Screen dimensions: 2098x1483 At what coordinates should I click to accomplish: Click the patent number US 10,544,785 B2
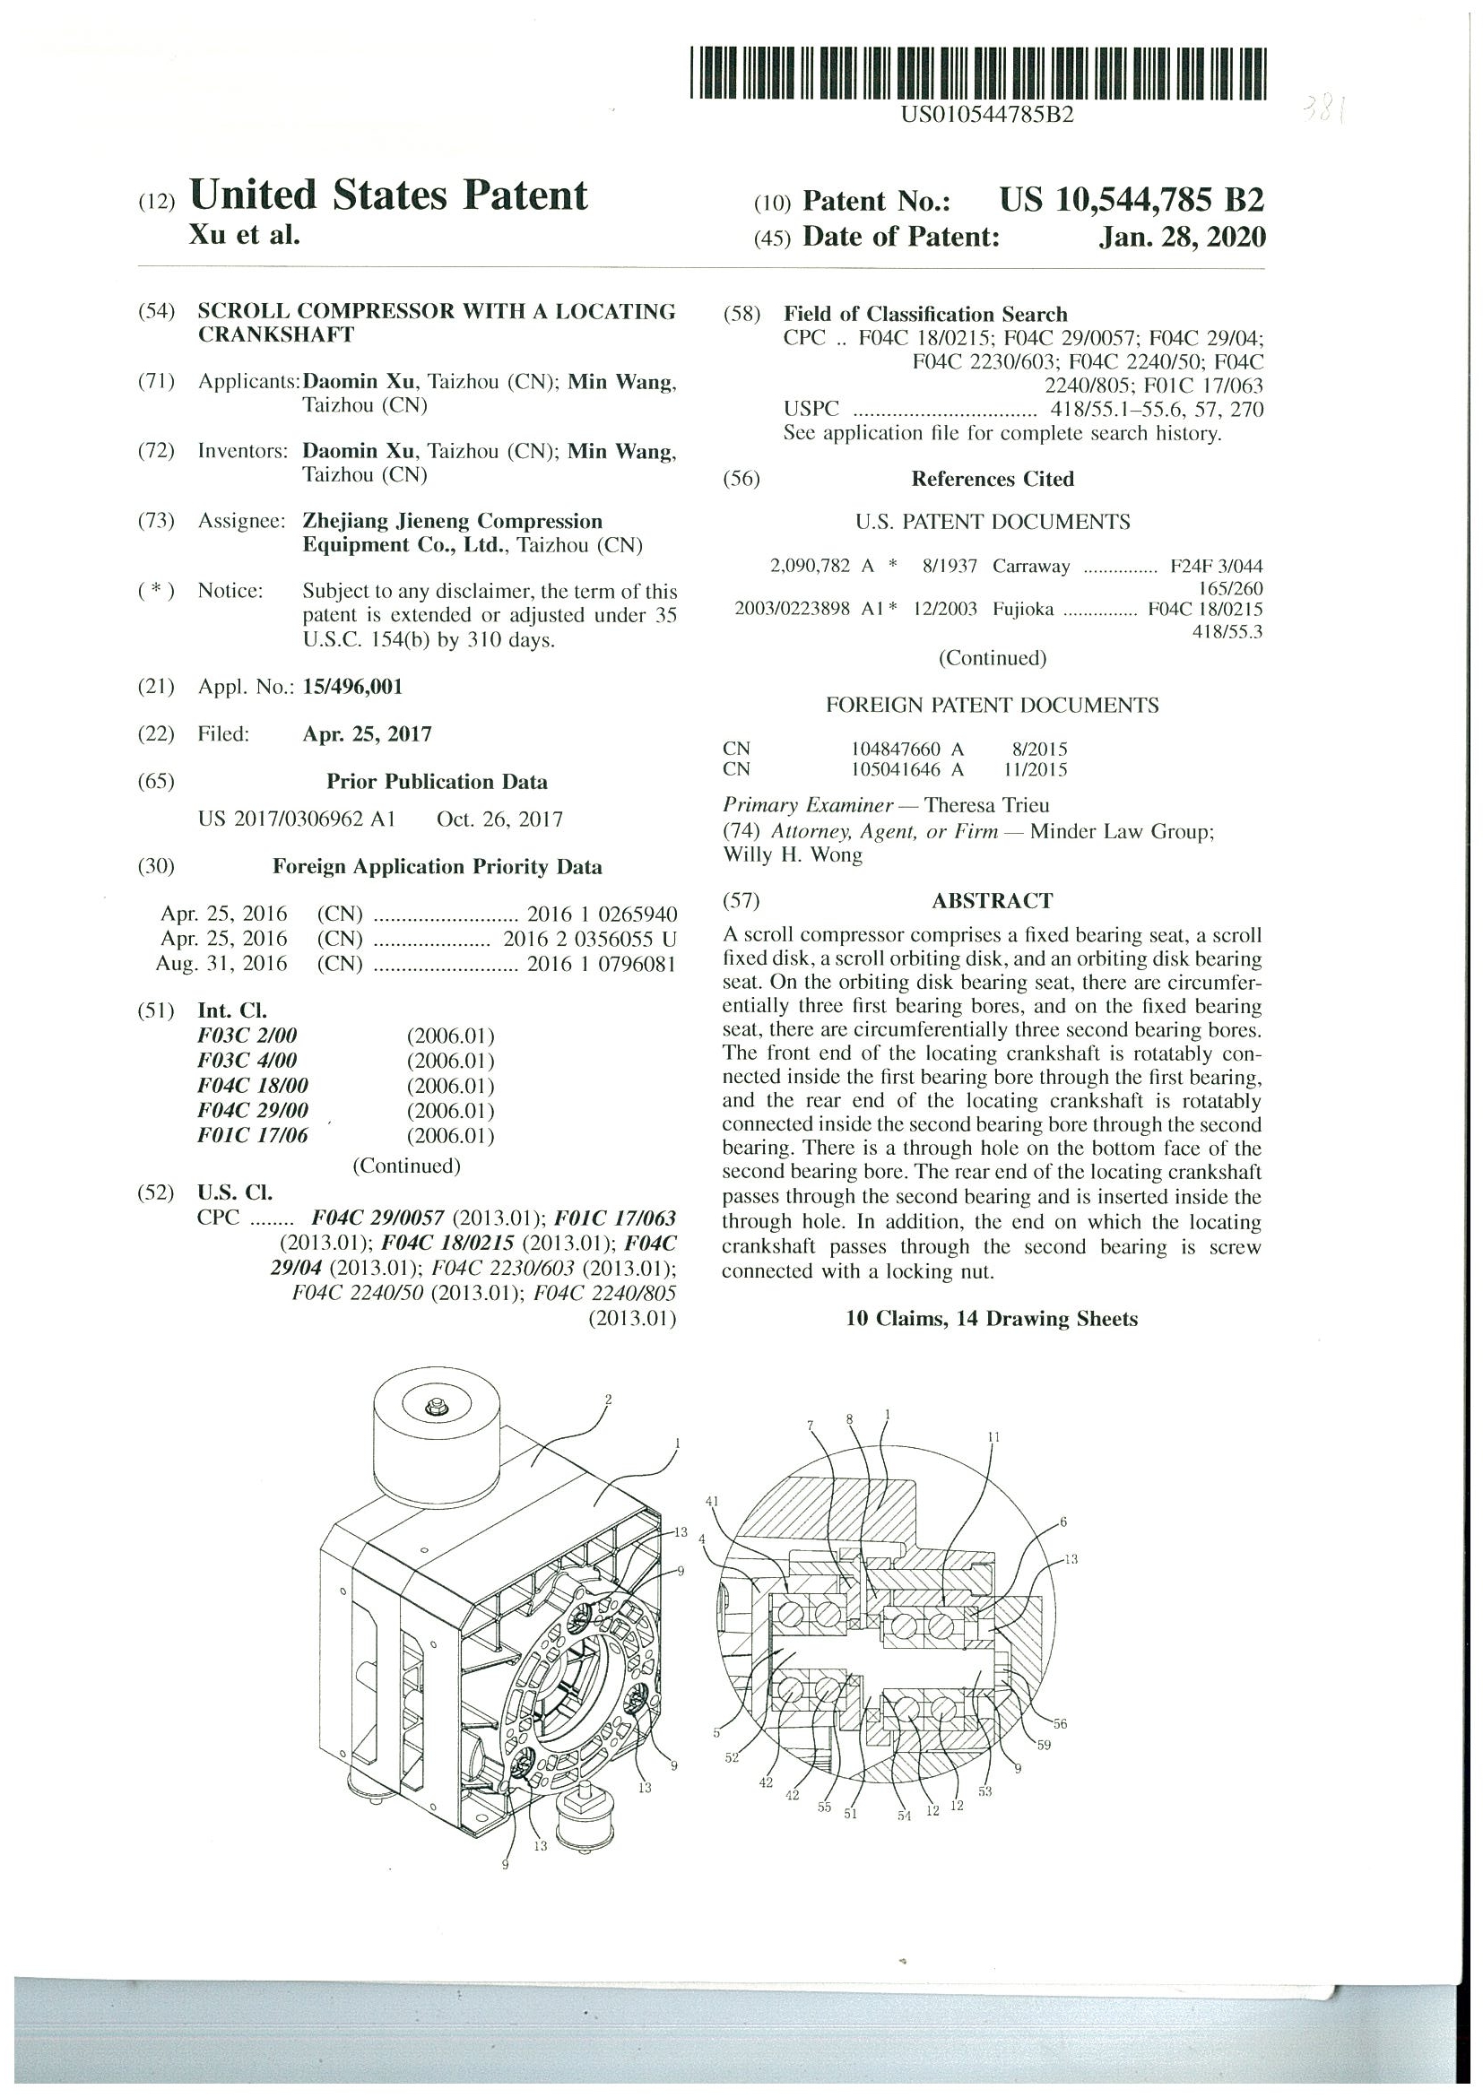click(1132, 199)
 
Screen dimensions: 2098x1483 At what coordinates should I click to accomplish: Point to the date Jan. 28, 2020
click(1182, 238)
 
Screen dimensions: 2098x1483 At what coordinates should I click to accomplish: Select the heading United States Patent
click(388, 195)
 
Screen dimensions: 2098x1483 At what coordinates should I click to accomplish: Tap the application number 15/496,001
click(351, 687)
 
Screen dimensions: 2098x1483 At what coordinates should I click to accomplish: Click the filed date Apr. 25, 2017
click(367, 733)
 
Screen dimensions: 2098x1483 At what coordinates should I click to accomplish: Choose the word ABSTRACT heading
click(992, 901)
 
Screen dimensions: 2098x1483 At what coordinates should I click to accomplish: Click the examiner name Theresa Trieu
click(986, 805)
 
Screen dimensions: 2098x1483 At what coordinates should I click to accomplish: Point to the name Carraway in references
click(1031, 567)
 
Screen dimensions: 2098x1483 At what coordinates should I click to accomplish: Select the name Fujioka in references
click(1022, 610)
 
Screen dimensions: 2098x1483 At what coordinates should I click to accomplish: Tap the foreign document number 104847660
click(896, 750)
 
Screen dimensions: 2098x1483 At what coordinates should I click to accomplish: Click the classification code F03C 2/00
click(247, 1036)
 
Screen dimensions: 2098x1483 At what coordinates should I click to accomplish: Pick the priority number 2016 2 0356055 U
click(589, 939)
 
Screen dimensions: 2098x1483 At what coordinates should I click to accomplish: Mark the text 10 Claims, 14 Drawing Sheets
click(992, 1319)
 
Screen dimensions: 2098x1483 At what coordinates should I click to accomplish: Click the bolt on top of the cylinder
click(436, 1402)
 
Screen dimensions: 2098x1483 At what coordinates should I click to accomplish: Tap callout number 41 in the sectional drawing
click(713, 1501)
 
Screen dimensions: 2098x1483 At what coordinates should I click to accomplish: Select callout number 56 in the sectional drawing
click(1059, 1724)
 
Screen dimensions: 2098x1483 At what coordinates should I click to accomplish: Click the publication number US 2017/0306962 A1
click(296, 819)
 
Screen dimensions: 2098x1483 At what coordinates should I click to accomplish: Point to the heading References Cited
click(993, 479)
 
